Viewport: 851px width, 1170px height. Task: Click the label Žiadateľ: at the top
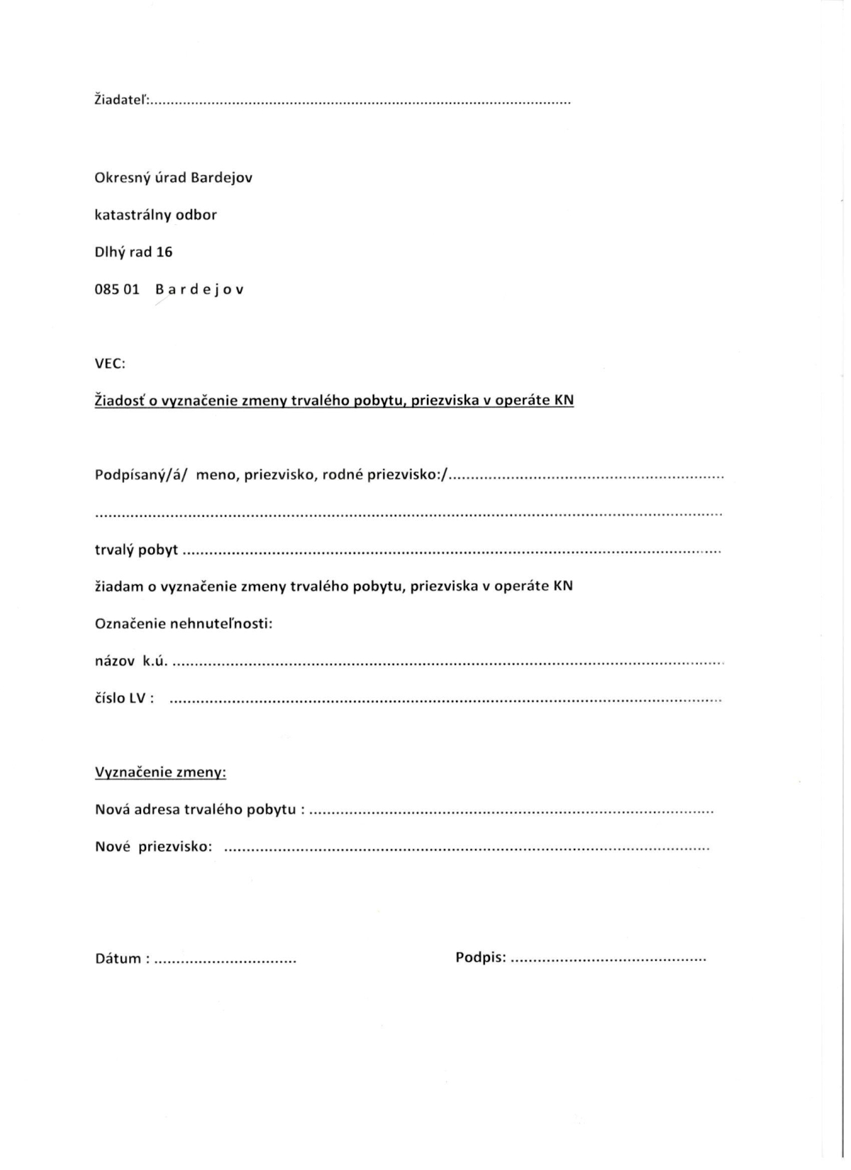click(x=121, y=101)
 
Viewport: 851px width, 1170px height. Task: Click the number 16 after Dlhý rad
click(x=164, y=252)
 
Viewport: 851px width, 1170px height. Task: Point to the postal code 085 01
click(x=116, y=290)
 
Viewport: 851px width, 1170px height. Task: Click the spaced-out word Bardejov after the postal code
click(x=199, y=290)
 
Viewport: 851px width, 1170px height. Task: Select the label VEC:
click(x=110, y=364)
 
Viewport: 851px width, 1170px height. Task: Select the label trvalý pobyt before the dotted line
click(x=136, y=550)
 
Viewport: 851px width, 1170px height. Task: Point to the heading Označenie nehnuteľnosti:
click(x=184, y=624)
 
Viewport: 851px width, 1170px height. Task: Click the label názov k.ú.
click(x=131, y=662)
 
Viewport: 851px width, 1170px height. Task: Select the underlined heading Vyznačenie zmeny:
click(x=160, y=772)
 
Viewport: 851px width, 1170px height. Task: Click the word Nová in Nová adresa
click(x=111, y=809)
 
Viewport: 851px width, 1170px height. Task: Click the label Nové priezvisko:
click(x=153, y=847)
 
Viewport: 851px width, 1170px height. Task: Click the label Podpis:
click(x=481, y=958)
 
